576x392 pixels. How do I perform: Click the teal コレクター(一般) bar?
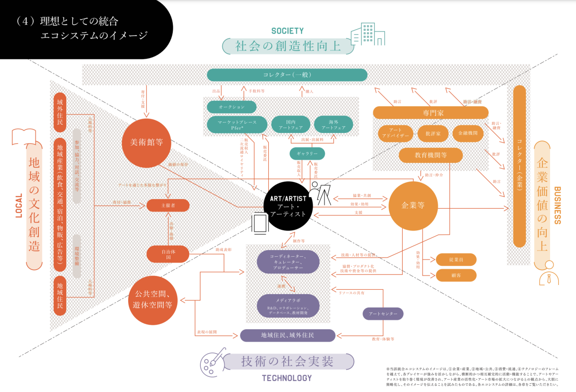(287, 75)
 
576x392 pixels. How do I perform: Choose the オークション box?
(231, 107)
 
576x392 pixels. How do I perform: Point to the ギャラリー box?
(307, 154)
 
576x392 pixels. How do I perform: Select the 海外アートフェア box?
(336, 125)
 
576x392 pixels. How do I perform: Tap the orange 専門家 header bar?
(431, 113)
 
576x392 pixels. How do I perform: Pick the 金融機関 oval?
(468, 133)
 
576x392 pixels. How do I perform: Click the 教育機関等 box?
(431, 155)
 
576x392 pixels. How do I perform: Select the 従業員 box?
(456, 260)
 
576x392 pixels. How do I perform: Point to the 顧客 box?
(456, 275)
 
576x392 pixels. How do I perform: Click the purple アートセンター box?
(383, 314)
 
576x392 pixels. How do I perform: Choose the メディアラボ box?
(288, 305)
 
